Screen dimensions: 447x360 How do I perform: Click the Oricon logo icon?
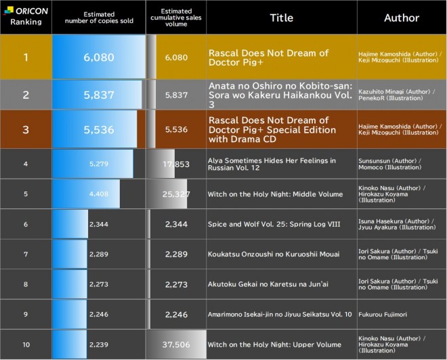[x=9, y=11]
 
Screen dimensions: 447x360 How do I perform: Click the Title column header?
[x=281, y=18]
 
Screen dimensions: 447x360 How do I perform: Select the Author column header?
[x=402, y=18]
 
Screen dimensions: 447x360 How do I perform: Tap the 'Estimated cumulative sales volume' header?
[x=176, y=18]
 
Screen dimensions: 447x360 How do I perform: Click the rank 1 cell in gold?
[x=26, y=57]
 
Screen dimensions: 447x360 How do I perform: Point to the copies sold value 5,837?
[x=99, y=95]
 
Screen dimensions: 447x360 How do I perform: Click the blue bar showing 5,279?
[x=93, y=164]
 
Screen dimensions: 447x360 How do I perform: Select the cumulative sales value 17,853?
[x=176, y=164]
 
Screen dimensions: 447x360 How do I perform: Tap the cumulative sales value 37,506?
[x=176, y=344]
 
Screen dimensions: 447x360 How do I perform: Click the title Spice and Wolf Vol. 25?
[x=274, y=224]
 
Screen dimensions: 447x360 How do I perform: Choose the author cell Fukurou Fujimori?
[x=383, y=315]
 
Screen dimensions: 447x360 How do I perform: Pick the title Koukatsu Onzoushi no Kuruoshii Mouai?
[x=274, y=254]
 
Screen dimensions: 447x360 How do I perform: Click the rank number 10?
[x=26, y=344]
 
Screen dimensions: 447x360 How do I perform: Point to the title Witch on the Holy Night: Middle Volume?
[x=275, y=194]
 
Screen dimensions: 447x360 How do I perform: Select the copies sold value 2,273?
[x=99, y=284]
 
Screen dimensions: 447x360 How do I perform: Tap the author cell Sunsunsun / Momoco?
[x=389, y=164]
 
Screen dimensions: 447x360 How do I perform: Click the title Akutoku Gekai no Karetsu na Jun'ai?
[x=268, y=284]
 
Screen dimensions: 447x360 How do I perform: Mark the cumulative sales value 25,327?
[x=176, y=194]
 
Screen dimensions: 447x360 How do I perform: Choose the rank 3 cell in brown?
[x=26, y=130]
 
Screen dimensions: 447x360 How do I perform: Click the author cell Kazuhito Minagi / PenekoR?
[x=396, y=95]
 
